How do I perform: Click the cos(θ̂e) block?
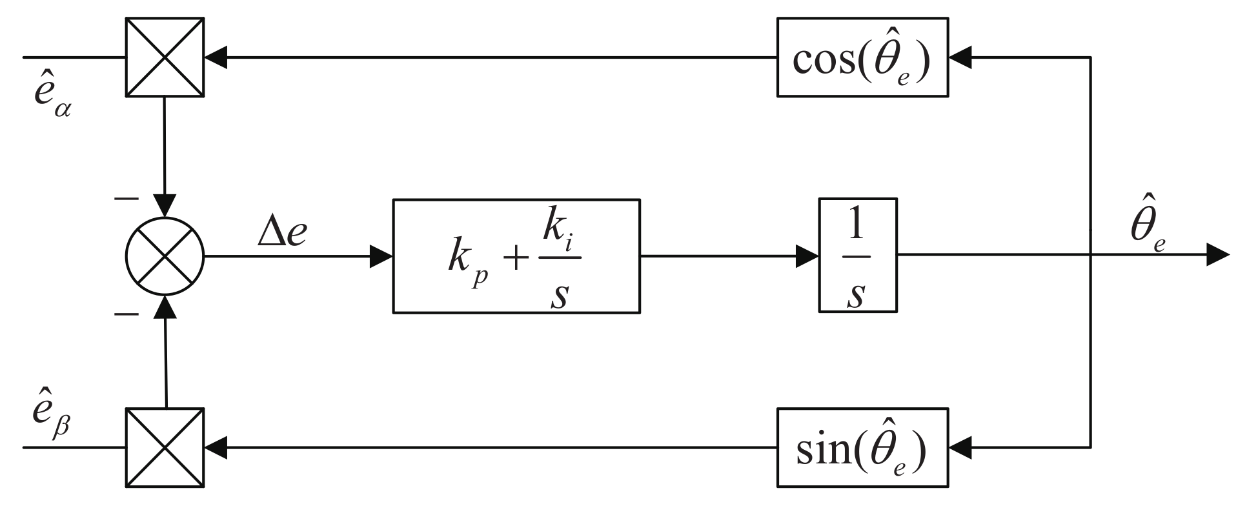tap(862, 57)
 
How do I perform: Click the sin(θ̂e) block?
tap(862, 447)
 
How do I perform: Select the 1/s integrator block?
tap(857, 256)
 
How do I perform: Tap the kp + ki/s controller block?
tap(516, 256)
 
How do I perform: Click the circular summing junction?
tap(165, 256)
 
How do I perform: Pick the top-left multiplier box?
tap(165, 57)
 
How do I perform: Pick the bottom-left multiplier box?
tap(165, 447)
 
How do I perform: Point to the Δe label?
tap(282, 233)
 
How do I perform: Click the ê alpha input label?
tap(52, 97)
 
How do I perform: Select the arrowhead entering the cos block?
tap(960, 57)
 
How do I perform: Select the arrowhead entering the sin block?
tap(960, 447)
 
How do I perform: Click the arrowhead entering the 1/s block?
tap(807, 256)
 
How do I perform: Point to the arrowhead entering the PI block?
tap(381, 256)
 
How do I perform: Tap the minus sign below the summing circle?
tap(126, 314)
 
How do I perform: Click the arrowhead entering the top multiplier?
tap(216, 57)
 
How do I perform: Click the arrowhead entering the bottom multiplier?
tap(216, 447)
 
